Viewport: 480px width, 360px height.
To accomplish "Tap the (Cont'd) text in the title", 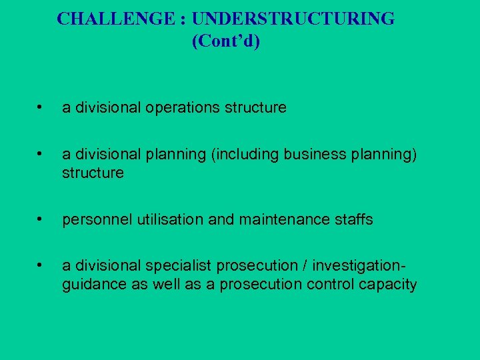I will point(225,41).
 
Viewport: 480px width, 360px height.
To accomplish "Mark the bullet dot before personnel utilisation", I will point(41,219).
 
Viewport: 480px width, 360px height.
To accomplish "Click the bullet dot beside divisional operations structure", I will point(41,107).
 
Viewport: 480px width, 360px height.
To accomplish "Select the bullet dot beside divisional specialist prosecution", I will point(41,265).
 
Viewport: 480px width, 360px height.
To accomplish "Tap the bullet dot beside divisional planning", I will point(41,153).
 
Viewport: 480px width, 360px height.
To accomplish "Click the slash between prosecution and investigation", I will point(304,266).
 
